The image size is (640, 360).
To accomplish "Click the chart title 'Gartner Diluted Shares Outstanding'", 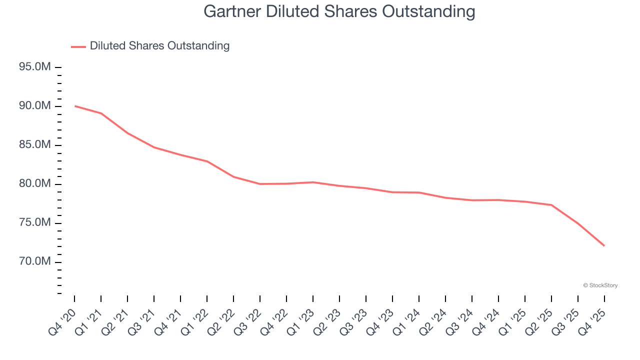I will pos(339,11).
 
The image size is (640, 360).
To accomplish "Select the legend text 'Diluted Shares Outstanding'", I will pos(159,46).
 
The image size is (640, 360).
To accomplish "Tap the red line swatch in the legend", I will pos(78,46).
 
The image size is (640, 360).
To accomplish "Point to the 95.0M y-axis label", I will pos(34,67).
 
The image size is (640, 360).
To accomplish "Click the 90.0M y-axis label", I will pos(34,106).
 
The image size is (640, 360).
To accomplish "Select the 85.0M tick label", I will pos(34,145).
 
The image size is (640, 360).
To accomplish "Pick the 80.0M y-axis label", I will pos(34,184).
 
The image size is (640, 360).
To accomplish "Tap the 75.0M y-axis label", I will pos(34,223).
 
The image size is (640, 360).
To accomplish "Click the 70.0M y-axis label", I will pos(34,262).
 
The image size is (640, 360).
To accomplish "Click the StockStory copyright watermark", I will pos(600,285).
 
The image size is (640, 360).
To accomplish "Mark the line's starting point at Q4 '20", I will pos(74,106).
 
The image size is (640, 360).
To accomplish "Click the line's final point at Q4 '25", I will pos(604,245).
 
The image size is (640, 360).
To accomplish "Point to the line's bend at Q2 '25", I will pos(551,205).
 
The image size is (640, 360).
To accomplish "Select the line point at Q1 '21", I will pos(101,113).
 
